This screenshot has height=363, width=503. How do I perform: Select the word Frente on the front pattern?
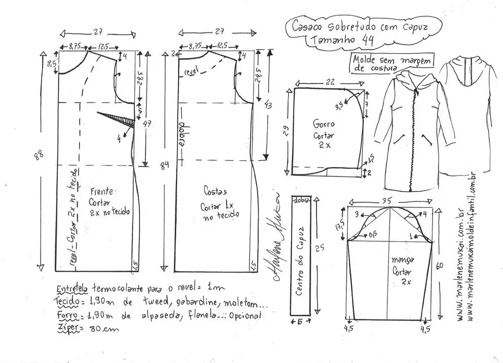point(103,192)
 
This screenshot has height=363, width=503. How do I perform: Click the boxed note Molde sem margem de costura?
point(392,64)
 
